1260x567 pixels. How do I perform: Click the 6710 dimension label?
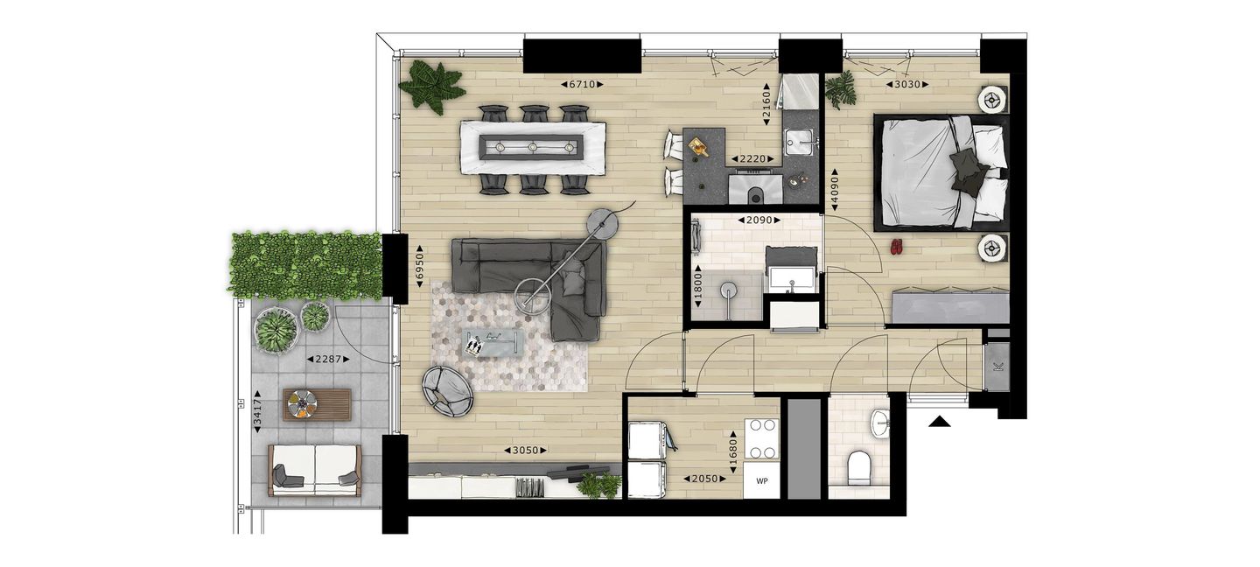click(582, 85)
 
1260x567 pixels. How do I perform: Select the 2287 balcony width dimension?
click(328, 359)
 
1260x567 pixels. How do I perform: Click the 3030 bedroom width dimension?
click(906, 85)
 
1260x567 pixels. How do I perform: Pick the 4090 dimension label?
click(835, 191)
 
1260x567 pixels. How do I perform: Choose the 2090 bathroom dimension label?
click(759, 220)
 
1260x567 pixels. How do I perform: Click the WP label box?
click(761, 480)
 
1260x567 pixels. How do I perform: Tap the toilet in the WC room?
click(859, 469)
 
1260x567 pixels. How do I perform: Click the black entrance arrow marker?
click(939, 422)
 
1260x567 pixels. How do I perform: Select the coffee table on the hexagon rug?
click(493, 343)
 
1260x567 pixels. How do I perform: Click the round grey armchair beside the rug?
click(448, 391)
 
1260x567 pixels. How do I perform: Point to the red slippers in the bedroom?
click(897, 247)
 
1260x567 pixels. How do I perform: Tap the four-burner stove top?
click(761, 439)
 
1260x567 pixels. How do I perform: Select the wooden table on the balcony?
click(318, 404)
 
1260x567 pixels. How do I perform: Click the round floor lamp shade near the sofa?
click(603, 221)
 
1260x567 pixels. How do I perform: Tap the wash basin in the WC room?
click(879, 423)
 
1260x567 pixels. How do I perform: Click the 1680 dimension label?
click(732, 452)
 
